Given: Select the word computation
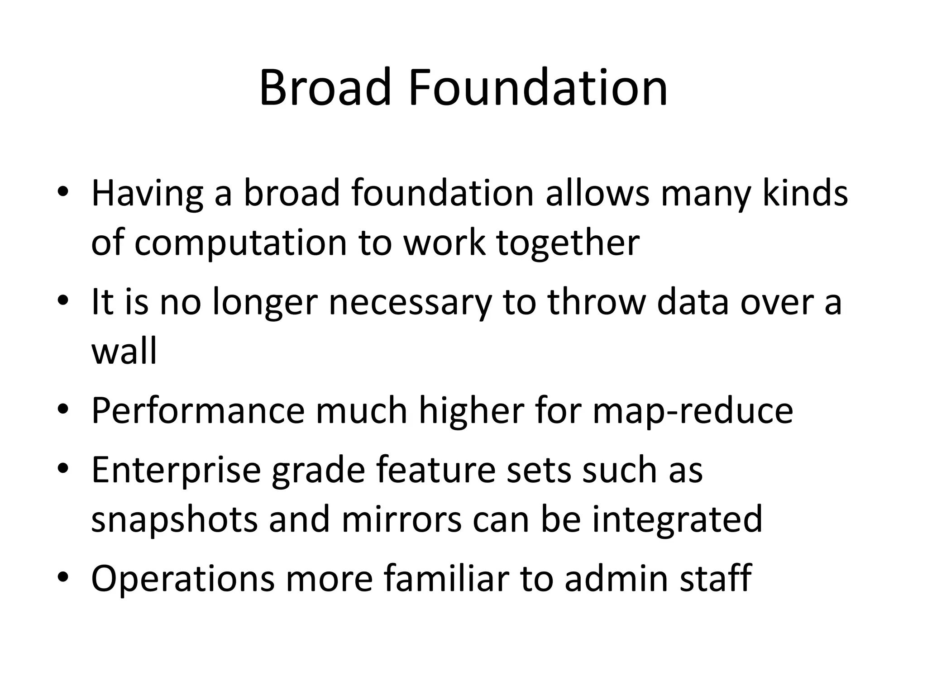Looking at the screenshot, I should tap(240, 243).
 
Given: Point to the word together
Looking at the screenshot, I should tap(568, 243).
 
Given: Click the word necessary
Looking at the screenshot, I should tap(410, 302).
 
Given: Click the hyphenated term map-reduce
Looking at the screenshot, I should tap(693, 410).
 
